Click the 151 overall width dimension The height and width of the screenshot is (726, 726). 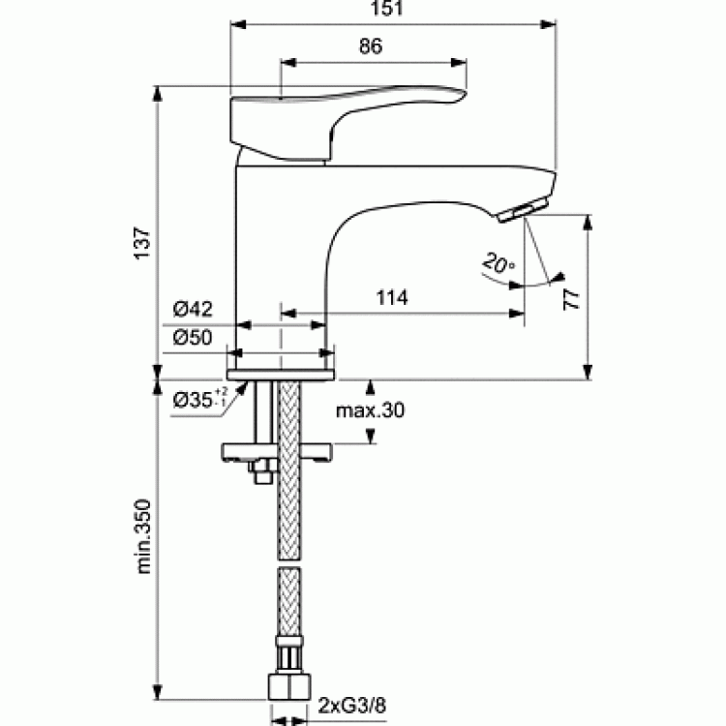click(386, 8)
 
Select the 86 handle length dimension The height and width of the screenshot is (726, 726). click(371, 45)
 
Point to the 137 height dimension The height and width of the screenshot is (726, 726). click(143, 243)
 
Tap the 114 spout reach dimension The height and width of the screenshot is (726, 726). click(392, 298)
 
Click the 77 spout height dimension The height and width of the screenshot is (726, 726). click(571, 299)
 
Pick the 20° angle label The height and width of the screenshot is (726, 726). click(499, 262)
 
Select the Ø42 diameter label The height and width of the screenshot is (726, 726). click(193, 309)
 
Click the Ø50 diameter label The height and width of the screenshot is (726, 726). click(193, 338)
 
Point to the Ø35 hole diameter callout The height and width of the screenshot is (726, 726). click(200, 399)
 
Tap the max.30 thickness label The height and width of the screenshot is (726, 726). click(370, 410)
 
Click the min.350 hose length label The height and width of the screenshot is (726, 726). click(143, 536)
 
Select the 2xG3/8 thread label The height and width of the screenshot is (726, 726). click(352, 706)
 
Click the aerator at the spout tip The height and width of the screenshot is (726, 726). click(523, 210)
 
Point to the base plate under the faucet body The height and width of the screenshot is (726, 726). click(281, 375)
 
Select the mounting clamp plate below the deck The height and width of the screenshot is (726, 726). click(278, 451)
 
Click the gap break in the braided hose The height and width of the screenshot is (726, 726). click(288, 562)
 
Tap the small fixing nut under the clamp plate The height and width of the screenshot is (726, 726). click(261, 471)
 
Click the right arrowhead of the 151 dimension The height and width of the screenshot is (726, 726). click(549, 24)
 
